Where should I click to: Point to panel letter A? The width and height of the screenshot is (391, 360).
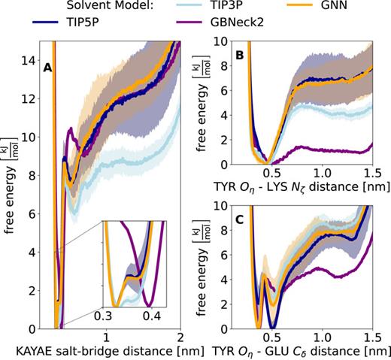pyautogui.click(x=47, y=68)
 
